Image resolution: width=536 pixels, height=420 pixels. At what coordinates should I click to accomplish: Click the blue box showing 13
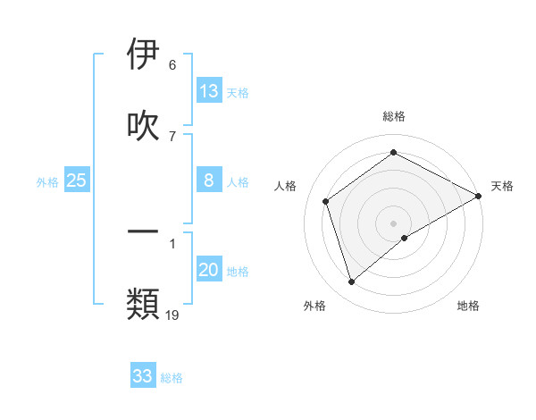coord(209,91)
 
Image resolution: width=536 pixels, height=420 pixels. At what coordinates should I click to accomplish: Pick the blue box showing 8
coord(209,181)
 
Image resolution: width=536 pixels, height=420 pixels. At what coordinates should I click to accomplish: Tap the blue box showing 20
coord(209,270)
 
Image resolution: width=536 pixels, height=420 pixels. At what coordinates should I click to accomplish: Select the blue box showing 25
coord(77,181)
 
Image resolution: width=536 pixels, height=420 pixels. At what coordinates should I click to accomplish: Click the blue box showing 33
coord(143,376)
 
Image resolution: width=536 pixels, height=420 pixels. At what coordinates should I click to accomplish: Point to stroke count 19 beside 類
coord(172,314)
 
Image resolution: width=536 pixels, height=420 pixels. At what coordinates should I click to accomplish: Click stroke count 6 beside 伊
coord(172,64)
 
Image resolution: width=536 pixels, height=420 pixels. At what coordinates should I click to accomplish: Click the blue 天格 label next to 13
coord(238,93)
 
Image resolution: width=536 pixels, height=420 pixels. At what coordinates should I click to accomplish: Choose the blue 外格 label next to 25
coord(47,182)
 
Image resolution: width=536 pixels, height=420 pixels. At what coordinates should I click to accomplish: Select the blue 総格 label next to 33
coord(172,378)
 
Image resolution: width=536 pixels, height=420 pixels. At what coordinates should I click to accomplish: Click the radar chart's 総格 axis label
coord(394,116)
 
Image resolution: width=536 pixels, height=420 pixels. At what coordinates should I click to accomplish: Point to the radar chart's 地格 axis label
coord(468,306)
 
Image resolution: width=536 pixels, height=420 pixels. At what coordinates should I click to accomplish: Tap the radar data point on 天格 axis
coord(479,197)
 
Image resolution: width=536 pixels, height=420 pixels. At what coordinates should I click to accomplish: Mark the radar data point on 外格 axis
coord(351,282)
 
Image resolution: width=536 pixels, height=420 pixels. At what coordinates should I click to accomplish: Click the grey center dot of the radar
coord(394,223)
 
